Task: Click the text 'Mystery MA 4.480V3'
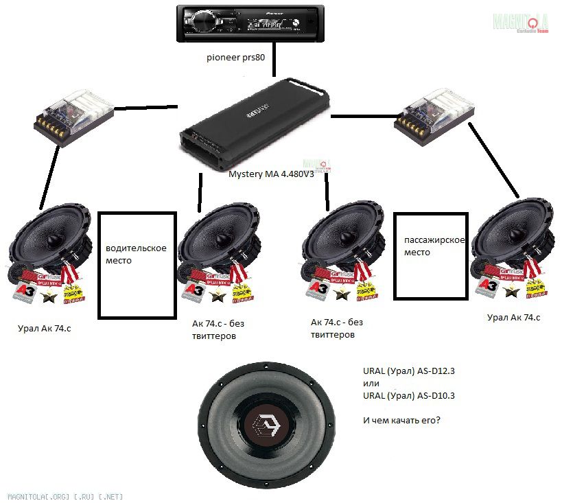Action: click(270, 174)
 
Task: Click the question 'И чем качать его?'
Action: click(401, 420)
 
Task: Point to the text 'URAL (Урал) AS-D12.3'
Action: click(409, 371)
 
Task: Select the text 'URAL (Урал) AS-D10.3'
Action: click(409, 395)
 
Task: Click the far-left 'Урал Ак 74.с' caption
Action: click(44, 329)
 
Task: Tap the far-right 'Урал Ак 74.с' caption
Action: click(513, 317)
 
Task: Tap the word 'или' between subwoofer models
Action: click(371, 383)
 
